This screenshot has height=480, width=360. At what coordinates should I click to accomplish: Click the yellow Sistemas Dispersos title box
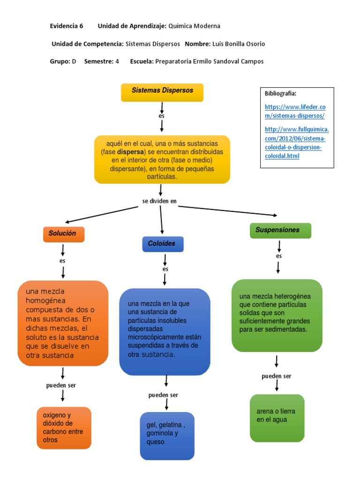[162, 91]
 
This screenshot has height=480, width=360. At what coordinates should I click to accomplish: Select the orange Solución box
[63, 234]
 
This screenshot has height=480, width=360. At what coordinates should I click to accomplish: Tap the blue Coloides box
[162, 244]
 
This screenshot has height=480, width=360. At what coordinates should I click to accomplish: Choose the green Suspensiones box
[280, 231]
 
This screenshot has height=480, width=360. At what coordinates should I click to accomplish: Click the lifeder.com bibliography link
[295, 112]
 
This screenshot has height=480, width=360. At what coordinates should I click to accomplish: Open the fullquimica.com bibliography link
[296, 142]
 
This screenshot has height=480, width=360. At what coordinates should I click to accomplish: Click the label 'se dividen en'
[159, 202]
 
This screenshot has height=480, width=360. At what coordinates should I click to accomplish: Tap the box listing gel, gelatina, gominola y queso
[167, 435]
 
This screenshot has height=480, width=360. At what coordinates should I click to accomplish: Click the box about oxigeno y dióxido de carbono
[64, 427]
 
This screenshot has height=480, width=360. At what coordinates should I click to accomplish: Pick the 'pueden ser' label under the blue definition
[163, 395]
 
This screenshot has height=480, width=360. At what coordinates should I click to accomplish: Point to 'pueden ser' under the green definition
[276, 376]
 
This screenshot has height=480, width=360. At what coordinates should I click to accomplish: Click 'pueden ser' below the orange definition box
[61, 385]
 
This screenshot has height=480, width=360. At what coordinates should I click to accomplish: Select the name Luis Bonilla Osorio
[238, 44]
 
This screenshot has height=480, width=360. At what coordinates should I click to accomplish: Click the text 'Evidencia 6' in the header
[67, 26]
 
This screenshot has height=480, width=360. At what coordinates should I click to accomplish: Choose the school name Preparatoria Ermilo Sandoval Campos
[209, 61]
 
